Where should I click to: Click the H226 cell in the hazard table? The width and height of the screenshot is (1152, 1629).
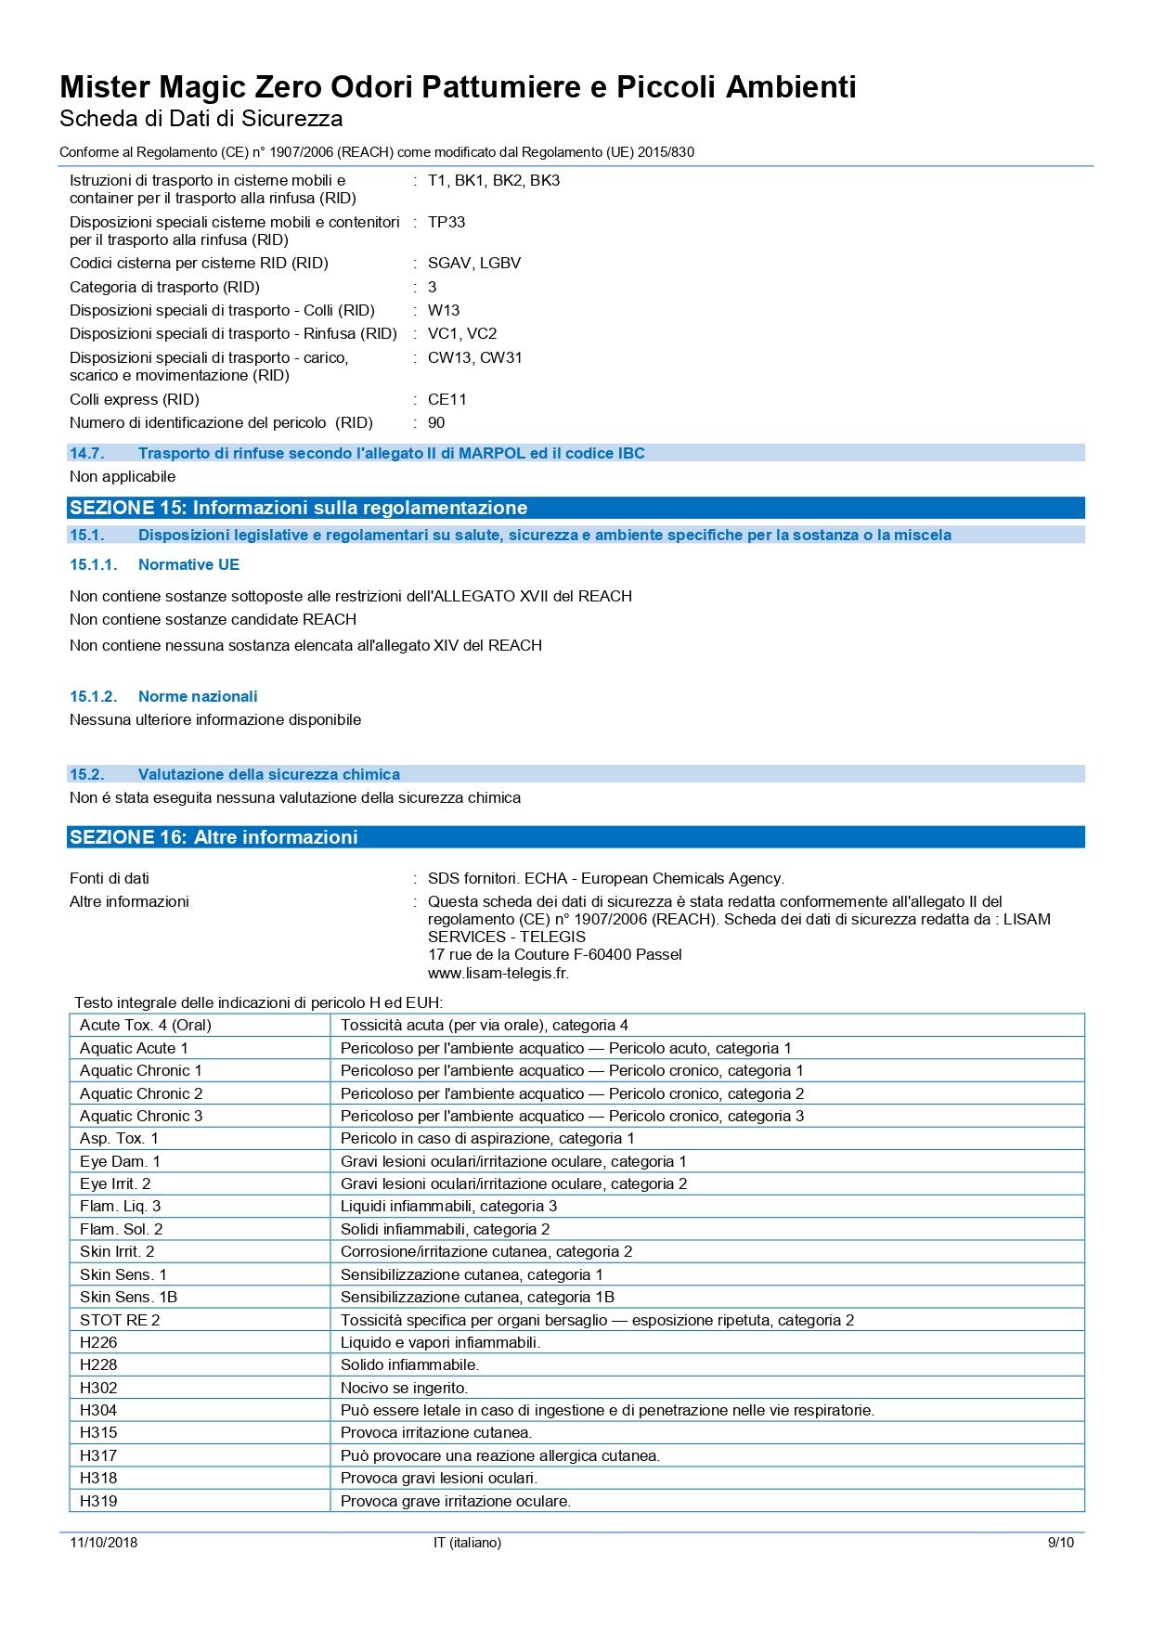[x=98, y=1342]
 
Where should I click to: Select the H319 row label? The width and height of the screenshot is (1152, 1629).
[x=98, y=1501]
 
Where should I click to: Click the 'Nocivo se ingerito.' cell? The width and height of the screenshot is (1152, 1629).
[x=404, y=1388]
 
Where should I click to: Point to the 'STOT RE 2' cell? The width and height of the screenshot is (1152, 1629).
[x=120, y=1320]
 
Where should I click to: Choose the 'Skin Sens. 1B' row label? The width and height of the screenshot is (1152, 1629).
[x=128, y=1297]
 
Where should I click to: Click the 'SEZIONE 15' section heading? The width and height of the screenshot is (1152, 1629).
[x=298, y=508]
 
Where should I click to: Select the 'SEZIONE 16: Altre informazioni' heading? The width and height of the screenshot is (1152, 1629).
[x=214, y=837]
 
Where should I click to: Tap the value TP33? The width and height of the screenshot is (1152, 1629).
[x=447, y=222]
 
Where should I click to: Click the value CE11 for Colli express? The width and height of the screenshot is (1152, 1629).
[x=447, y=399]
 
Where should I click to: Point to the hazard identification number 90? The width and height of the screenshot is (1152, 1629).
[x=436, y=422]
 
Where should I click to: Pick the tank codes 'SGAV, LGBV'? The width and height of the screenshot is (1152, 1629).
[x=474, y=263]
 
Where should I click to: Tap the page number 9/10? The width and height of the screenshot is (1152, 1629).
[x=1060, y=1543]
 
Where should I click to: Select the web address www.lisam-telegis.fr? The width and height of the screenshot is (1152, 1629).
[x=498, y=973]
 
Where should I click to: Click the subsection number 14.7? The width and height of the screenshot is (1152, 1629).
[x=86, y=453]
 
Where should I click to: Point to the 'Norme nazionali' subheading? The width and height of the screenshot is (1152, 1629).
[x=198, y=696]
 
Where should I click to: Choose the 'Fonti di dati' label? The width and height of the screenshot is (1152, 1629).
[x=109, y=878]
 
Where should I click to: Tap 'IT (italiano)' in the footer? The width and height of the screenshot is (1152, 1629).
[x=467, y=1543]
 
